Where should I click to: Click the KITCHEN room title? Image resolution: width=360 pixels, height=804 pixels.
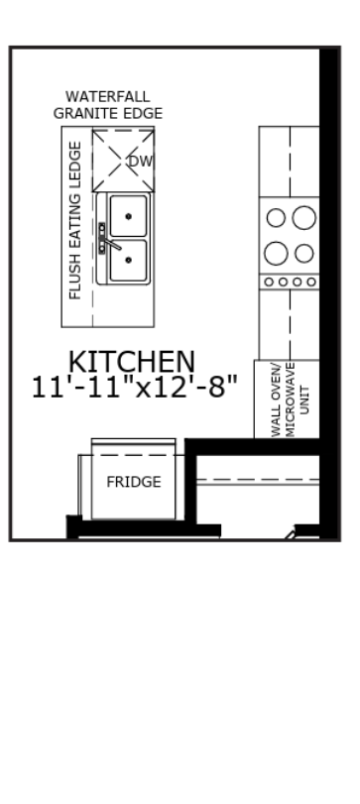click(x=132, y=362)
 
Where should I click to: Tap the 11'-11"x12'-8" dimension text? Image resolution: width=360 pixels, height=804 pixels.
click(x=135, y=388)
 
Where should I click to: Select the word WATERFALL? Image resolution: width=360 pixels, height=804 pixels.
click(x=108, y=96)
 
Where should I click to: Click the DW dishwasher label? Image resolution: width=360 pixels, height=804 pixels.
click(x=141, y=162)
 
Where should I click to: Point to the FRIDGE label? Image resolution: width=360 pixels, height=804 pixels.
click(x=134, y=482)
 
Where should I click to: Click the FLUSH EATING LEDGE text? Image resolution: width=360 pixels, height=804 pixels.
click(x=75, y=220)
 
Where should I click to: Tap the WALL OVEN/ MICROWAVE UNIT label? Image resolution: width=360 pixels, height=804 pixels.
click(x=291, y=401)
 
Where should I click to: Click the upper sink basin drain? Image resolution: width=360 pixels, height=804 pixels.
click(x=128, y=216)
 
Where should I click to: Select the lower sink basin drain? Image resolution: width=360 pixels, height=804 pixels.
click(x=128, y=260)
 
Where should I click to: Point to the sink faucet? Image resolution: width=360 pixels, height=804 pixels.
click(x=108, y=240)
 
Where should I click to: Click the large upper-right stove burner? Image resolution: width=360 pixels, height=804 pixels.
click(x=304, y=217)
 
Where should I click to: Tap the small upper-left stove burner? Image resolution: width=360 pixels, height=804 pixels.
click(x=276, y=218)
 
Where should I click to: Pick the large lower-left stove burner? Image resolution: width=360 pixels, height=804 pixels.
click(x=276, y=254)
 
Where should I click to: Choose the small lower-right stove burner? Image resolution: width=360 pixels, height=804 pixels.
click(x=304, y=254)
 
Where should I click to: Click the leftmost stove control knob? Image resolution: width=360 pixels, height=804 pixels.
click(x=269, y=282)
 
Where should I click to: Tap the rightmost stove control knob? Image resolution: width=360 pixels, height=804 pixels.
click(x=311, y=282)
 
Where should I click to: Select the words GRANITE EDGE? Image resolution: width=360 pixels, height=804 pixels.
click(x=108, y=113)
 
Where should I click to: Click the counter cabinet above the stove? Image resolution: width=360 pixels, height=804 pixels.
click(x=290, y=162)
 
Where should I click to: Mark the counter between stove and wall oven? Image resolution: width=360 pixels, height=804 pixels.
click(x=290, y=324)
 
